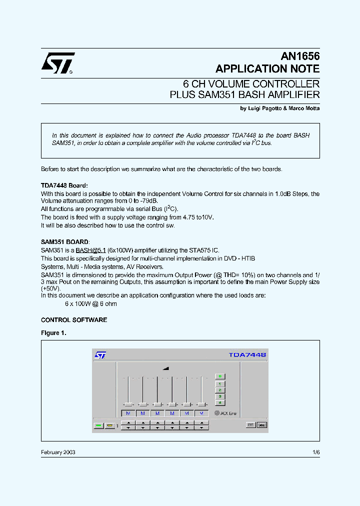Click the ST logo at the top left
coord(57,63)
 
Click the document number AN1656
coord(298,57)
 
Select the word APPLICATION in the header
coord(251,69)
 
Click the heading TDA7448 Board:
coord(64,185)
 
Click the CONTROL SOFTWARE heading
coord(73,320)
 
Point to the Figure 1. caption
coord(53,333)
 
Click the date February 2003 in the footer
coord(58,452)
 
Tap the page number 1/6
coord(315,452)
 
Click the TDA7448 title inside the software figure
coord(247,354)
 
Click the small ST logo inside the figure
coord(100,354)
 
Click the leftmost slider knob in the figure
coord(128,404)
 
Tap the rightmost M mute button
coord(201,413)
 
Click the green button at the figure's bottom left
coord(98,425)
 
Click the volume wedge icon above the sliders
coord(165,368)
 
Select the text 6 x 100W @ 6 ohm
coord(91,304)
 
